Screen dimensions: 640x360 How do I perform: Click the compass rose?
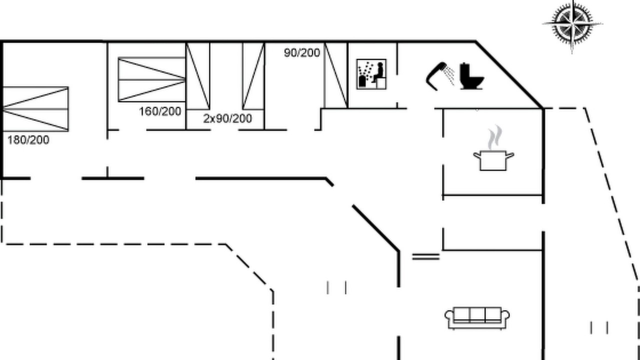tap(572, 25)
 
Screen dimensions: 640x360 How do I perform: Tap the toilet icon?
tap(471, 76)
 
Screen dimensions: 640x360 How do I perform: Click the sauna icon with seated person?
tap(371, 74)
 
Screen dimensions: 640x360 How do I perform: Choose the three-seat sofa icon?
tap(477, 318)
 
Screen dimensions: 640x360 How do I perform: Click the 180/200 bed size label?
tap(28, 140)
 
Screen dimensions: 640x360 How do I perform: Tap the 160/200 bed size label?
tap(160, 111)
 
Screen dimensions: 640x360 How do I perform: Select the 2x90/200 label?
tap(227, 118)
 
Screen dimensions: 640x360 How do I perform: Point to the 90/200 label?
tap(302, 53)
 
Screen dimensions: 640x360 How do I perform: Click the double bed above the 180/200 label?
tap(35, 109)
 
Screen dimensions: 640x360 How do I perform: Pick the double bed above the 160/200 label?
tap(151, 79)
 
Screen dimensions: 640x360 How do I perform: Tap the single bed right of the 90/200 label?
tap(336, 75)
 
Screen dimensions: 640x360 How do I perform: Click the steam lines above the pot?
tap(495, 137)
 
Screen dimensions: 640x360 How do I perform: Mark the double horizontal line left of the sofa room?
tap(425, 256)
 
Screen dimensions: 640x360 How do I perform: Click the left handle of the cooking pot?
tap(477, 155)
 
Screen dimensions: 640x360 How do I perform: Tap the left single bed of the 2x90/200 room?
tap(197, 76)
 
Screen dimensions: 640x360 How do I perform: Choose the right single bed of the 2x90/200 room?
tap(253, 76)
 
